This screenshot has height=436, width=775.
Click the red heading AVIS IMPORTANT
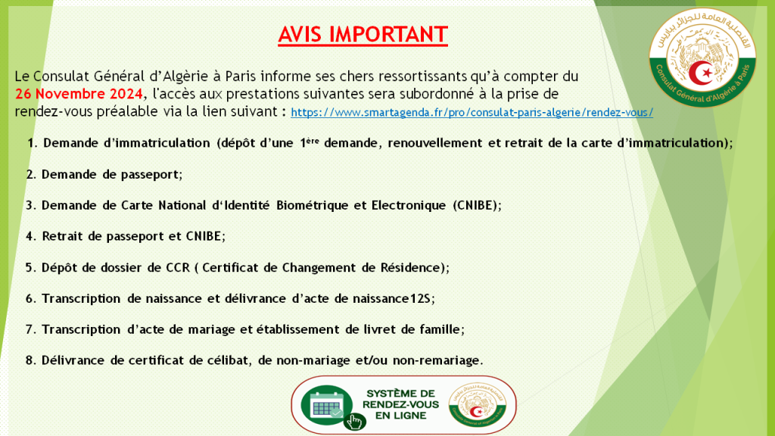[363, 35]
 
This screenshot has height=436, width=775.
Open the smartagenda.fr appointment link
[472, 112]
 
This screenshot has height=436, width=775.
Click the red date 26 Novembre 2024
[79, 94]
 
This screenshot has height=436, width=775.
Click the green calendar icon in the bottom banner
[326, 406]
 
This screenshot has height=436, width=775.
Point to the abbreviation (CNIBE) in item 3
[476, 205]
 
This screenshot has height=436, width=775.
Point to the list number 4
[29, 236]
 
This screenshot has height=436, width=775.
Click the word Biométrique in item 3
[291, 205]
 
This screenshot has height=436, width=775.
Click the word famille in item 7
[440, 329]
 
